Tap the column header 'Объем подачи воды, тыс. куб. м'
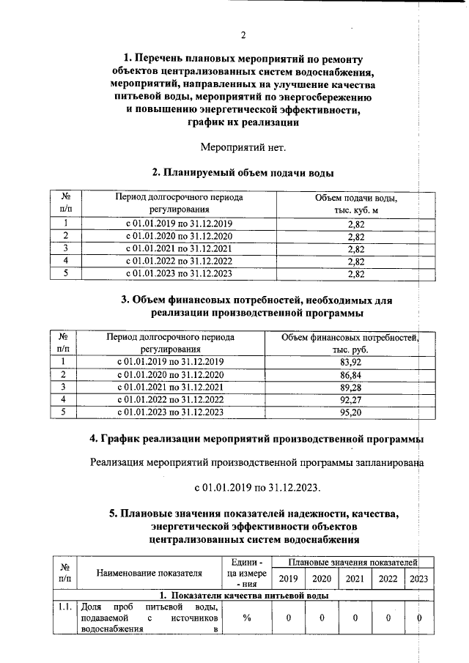356,204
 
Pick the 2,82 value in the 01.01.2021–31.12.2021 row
356,249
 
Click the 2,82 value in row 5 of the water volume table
356,274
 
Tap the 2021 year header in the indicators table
355,579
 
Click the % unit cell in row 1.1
247,618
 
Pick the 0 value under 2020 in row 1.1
321,618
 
